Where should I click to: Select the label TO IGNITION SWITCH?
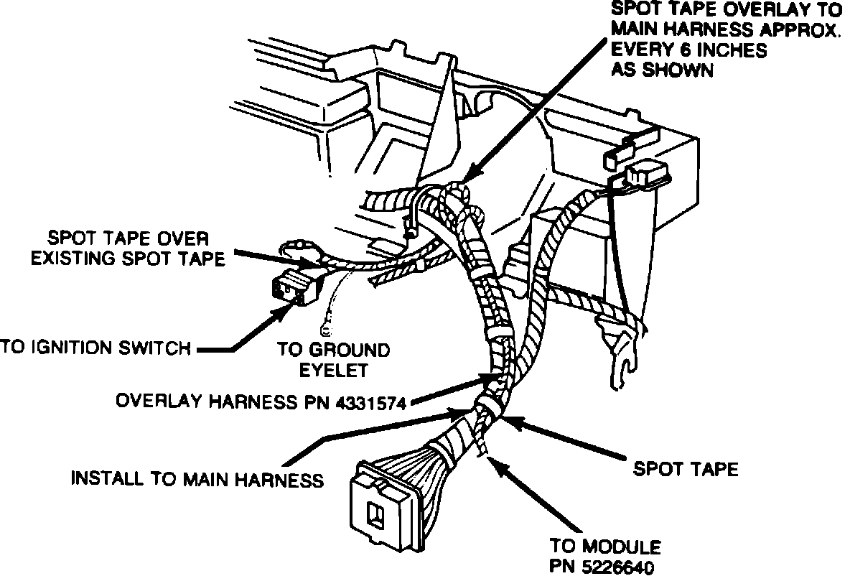pyautogui.click(x=95, y=348)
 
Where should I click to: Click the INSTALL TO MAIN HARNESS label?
pyautogui.click(x=197, y=478)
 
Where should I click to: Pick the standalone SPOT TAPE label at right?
pyautogui.click(x=685, y=469)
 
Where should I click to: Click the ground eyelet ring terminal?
pyautogui.click(x=325, y=331)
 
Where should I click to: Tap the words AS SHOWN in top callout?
pyautogui.click(x=661, y=70)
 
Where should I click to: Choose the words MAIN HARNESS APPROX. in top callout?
pyautogui.click(x=724, y=32)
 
